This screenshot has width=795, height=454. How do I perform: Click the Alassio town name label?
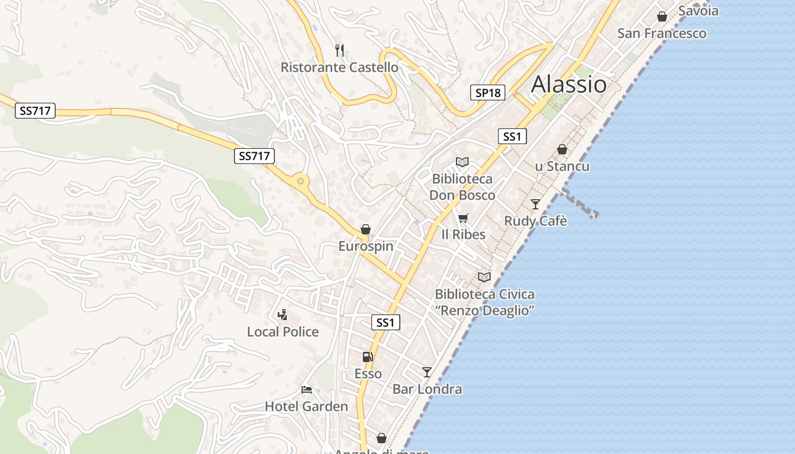coord(568,85)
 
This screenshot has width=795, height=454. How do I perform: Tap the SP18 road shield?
coord(488,93)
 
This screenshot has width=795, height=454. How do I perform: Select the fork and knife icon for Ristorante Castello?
coord(340,50)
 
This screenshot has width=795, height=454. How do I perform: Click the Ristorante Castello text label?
coord(340,68)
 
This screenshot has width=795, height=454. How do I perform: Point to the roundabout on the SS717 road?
coord(300,182)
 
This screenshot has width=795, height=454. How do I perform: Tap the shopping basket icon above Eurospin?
coord(366,229)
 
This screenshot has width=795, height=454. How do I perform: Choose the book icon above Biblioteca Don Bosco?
coord(462,162)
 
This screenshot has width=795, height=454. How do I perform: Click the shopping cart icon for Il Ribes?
coord(463,218)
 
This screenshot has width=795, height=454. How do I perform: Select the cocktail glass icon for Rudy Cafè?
coord(535,204)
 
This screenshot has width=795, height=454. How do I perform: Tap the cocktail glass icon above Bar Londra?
coord(427,372)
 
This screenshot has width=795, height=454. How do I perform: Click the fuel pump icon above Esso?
coord(368,357)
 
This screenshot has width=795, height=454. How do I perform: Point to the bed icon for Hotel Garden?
coord(307,389)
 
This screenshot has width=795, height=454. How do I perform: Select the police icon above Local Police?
coord(282,314)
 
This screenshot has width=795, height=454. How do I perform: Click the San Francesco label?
coord(662,33)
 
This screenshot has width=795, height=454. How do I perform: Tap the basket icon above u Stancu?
coord(562,149)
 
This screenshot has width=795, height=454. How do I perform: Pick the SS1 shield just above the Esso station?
coord(386,323)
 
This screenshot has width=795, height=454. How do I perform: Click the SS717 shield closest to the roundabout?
coord(254,156)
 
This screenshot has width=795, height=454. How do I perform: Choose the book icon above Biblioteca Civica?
coord(484,277)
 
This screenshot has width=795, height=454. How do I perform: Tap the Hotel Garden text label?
coord(307,406)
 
